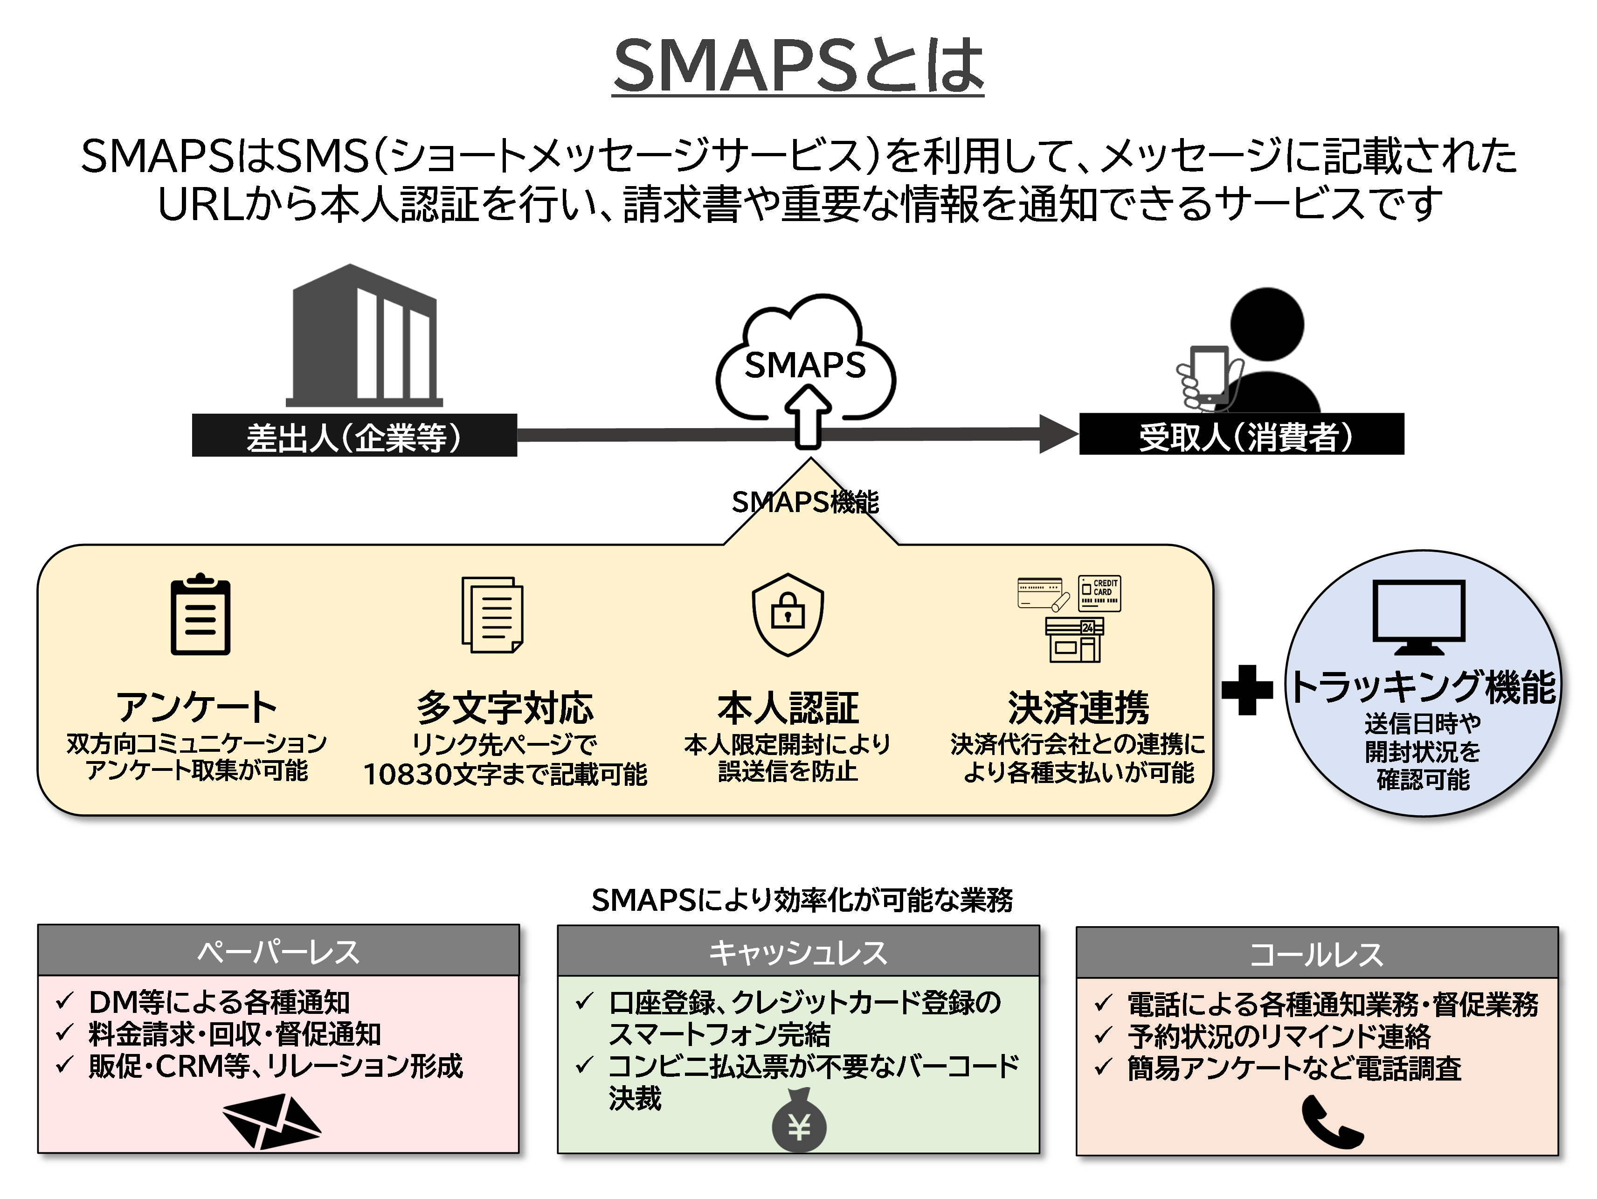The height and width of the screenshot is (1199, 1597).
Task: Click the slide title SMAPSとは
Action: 798,66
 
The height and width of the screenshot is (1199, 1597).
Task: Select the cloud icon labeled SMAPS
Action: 805,358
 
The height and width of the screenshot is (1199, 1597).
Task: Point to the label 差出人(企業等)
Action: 354,436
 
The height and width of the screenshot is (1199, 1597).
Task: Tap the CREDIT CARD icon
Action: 1099,593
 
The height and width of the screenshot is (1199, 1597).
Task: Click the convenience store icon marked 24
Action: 1074,640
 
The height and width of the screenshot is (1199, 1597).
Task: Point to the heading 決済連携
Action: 1078,708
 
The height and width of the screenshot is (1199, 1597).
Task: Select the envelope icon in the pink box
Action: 271,1120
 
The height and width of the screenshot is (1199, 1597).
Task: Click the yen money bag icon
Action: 798,1123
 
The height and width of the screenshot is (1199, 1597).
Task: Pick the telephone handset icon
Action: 1331,1122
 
